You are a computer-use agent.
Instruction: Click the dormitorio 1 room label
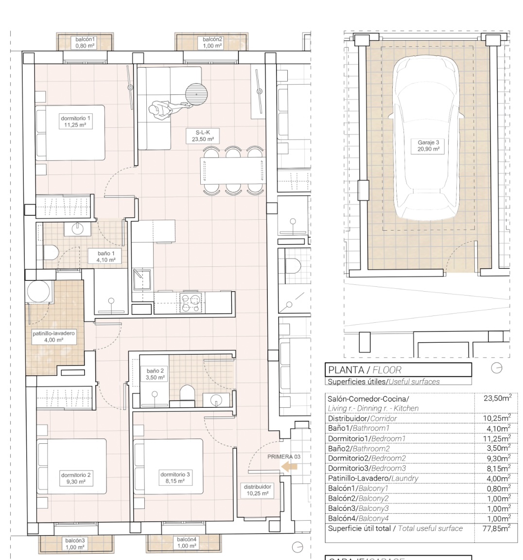[x=75, y=122]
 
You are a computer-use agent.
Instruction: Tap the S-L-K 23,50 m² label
[x=202, y=136]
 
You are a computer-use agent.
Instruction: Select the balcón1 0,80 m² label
[x=85, y=43]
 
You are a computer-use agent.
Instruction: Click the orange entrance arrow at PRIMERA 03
[x=290, y=467]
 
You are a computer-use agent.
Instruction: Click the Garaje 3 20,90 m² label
[x=428, y=146]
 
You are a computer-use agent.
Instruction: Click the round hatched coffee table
[x=196, y=93]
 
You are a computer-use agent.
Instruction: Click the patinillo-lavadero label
[x=53, y=337]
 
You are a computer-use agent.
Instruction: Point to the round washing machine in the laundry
[x=38, y=291]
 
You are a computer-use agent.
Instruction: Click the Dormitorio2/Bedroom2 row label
[x=366, y=458]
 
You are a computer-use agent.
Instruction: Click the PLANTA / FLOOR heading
[x=365, y=370]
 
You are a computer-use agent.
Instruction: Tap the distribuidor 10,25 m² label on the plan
[x=258, y=490]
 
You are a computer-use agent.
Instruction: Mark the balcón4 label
[x=187, y=542]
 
